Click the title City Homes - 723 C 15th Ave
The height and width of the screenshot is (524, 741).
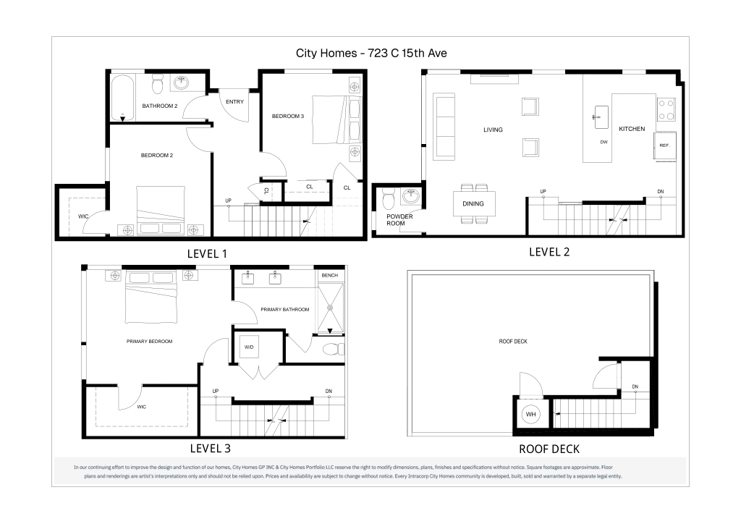(371, 53)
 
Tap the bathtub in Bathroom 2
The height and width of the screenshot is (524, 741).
(123, 98)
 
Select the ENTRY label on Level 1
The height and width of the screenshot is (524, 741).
(235, 101)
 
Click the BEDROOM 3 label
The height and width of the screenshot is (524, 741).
(288, 117)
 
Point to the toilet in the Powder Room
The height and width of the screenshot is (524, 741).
(389, 198)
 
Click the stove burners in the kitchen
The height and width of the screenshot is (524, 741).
(666, 109)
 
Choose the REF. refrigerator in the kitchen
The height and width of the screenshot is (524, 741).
(665, 145)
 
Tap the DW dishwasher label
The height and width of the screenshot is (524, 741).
(604, 143)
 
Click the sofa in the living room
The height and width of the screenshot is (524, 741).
(444, 126)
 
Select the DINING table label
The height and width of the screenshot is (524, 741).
(473, 203)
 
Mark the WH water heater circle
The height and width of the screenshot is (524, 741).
(530, 415)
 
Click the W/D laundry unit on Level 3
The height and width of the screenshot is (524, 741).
(249, 347)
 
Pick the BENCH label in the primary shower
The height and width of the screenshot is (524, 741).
(330, 276)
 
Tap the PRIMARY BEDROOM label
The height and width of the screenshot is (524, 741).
(149, 341)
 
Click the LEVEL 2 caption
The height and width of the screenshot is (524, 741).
(549, 253)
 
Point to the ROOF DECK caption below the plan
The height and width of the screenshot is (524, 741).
(549, 449)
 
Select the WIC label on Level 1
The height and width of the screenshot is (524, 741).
(83, 216)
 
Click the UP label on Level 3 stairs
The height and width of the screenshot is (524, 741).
(216, 392)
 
